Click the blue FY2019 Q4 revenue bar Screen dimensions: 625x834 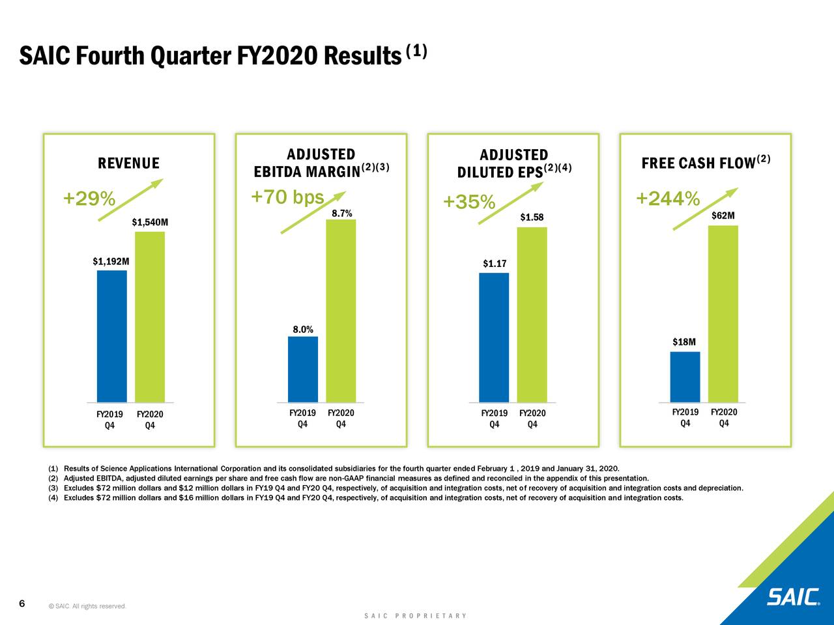tap(111, 336)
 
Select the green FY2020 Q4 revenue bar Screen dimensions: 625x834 tap(150, 316)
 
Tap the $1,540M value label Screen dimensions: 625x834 tap(150, 223)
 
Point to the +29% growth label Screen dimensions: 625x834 tap(89, 199)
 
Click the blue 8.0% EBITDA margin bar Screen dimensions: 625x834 tap(303, 369)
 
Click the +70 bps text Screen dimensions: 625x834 tap(287, 197)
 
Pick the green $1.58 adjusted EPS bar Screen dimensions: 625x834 tap(532, 314)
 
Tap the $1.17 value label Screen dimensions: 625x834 tap(495, 264)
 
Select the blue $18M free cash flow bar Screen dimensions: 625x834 tap(685, 377)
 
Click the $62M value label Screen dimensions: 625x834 tap(723, 215)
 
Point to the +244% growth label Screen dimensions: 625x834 tap(668, 198)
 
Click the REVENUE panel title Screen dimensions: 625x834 tap(128, 163)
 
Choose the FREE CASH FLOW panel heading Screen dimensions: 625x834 tap(698, 163)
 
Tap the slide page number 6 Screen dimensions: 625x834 tap(22, 604)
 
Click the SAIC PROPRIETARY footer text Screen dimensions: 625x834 tap(416, 616)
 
